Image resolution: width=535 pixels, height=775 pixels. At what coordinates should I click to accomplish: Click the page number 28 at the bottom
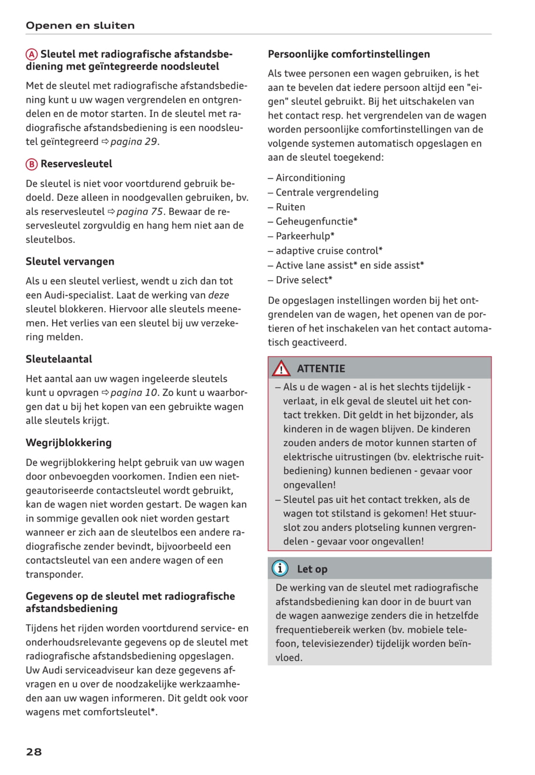pos(34,752)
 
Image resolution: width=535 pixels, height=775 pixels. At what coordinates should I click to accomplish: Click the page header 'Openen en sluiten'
pos(80,25)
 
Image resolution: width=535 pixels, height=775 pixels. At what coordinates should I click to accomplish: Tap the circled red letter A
pos(31,54)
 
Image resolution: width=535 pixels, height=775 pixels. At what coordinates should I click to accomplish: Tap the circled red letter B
pos(31,164)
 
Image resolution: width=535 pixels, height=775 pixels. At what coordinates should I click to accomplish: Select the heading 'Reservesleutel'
pos(76,164)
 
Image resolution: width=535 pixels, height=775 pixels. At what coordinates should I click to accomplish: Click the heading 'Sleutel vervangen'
pos(70,261)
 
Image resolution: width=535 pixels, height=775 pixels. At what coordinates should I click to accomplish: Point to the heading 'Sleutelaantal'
pos(59,359)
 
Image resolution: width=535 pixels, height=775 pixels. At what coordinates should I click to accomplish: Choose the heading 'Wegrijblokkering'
pos(68,443)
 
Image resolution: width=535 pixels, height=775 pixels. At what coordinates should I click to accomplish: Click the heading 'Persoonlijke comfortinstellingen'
pos(349,54)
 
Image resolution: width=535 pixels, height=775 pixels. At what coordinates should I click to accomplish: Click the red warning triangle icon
pos(281,369)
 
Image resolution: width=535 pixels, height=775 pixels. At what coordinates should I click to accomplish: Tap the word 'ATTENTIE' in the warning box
pos(321,369)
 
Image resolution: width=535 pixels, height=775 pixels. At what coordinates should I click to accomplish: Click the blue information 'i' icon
pos(280,568)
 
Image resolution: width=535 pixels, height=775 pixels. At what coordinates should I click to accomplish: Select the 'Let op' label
pos(312,569)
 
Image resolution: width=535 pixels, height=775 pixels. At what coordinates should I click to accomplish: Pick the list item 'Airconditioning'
pos(310,178)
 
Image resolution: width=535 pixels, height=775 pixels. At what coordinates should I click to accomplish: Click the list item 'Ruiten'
pos(290,207)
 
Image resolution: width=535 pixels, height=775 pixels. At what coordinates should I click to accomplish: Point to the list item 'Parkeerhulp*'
pos(305,236)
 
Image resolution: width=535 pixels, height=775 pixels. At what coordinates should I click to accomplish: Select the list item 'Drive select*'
pos(304,280)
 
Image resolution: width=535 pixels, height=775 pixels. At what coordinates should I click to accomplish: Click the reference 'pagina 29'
pos(134,142)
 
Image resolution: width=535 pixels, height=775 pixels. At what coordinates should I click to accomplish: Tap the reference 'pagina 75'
pos(140,211)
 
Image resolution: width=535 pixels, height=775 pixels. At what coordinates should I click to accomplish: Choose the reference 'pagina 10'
pos(134,393)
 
